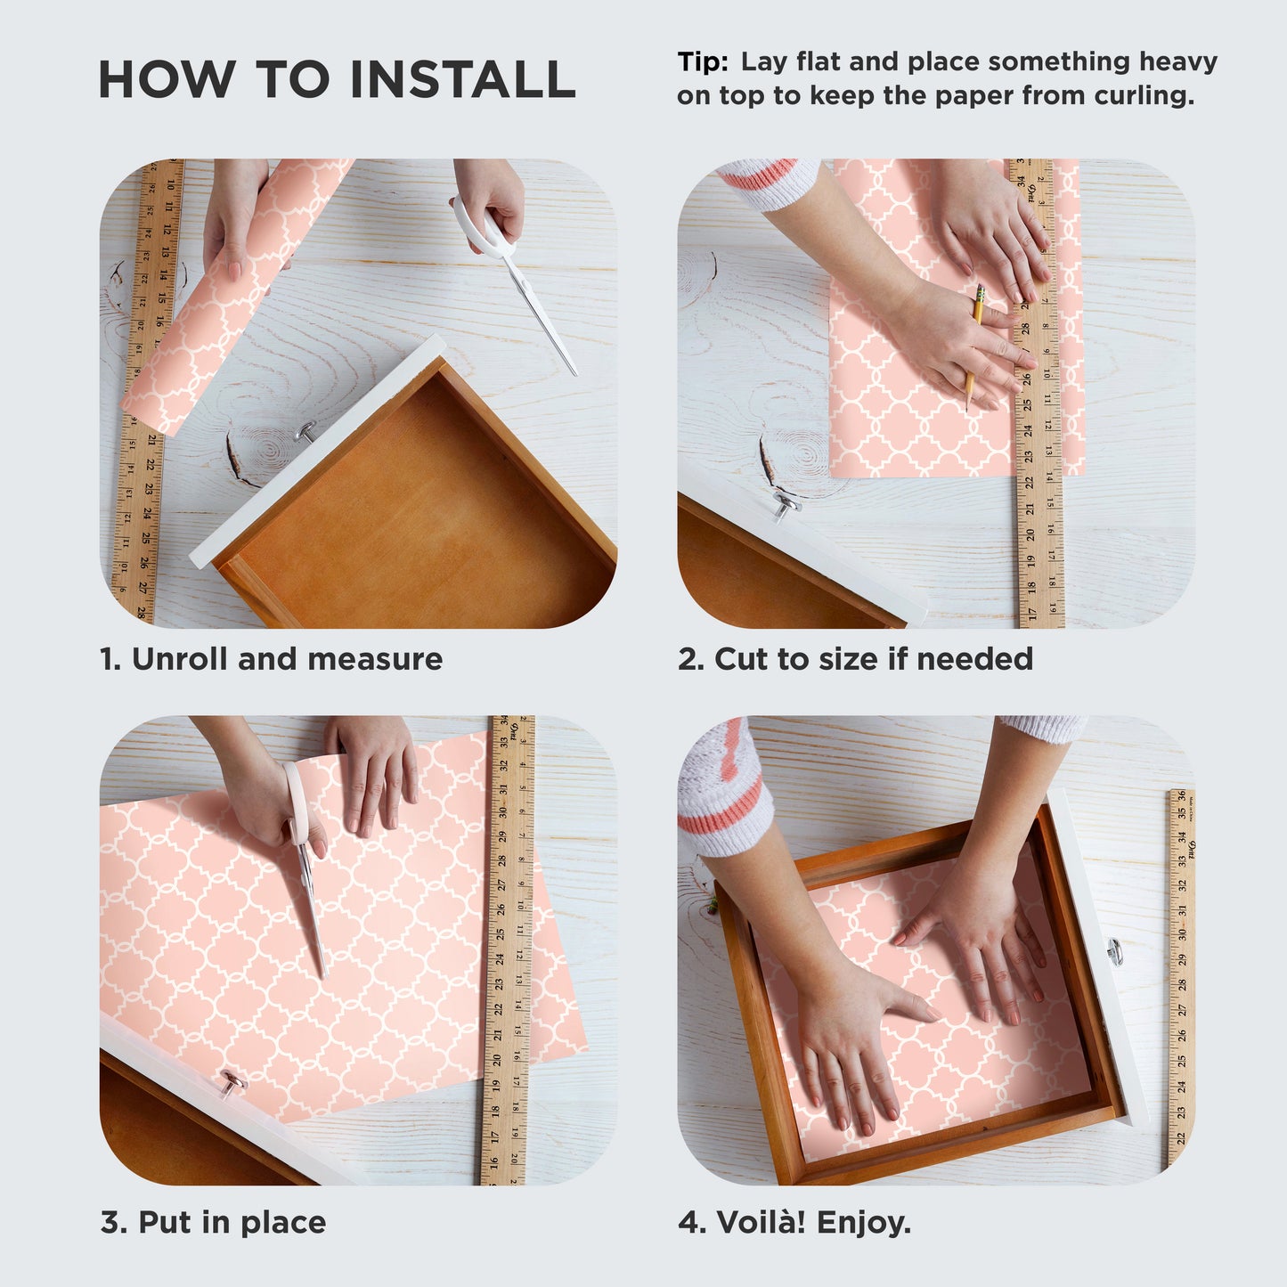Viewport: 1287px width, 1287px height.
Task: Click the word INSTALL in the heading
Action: coord(462,79)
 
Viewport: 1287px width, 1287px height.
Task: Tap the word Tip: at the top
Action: coord(703,62)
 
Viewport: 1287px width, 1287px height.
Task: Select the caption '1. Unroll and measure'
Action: coord(271,659)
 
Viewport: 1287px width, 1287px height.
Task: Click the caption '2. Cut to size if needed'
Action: coord(856,659)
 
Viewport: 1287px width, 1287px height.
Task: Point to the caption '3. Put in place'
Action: coord(214,1223)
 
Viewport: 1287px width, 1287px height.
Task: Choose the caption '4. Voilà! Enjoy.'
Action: coord(794,1223)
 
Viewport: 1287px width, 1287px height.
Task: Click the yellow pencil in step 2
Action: coord(973,346)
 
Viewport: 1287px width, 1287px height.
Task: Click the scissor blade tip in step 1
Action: coord(575,374)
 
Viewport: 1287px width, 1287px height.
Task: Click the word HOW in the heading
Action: coord(167,79)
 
